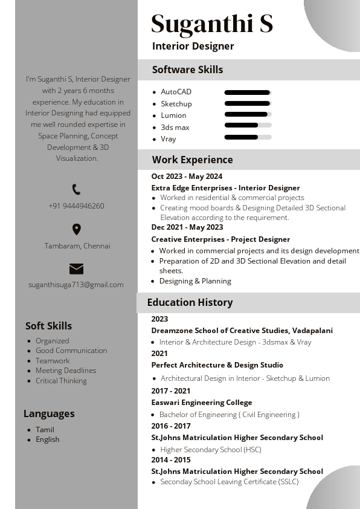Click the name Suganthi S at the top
point(212,24)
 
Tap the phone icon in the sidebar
point(76,190)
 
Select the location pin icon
point(76,230)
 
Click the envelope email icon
point(76,269)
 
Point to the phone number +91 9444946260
point(76,206)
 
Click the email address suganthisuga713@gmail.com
point(76,285)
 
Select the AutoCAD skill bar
point(248,92)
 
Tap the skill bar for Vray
point(248,137)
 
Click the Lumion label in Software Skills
point(173,115)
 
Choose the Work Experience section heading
point(192,160)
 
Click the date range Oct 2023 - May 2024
point(187,177)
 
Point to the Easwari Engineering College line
point(202,403)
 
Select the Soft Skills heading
point(48,326)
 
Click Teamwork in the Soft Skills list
point(53,361)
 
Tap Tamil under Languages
point(45,430)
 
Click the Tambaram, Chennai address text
point(77,246)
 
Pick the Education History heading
point(190,302)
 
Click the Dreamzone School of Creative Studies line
point(242,331)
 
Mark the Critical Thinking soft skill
point(61,381)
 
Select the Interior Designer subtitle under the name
point(193,46)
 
